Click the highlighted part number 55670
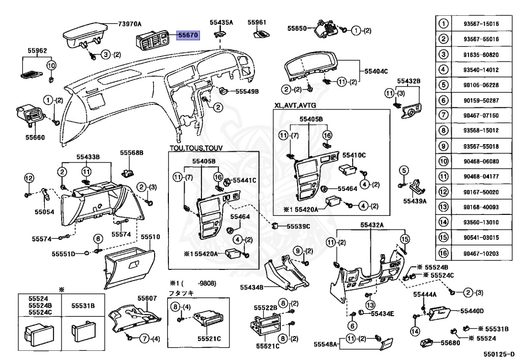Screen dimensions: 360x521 click(x=188, y=36)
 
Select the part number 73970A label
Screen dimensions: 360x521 click(x=130, y=24)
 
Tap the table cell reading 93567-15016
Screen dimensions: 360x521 click(x=481, y=24)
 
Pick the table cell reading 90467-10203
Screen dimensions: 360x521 click(x=481, y=253)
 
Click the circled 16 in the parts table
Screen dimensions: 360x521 click(x=444, y=253)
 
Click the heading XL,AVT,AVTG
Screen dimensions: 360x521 click(x=295, y=105)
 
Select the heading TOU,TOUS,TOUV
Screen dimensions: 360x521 click(x=196, y=148)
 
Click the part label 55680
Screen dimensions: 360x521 click(x=450, y=343)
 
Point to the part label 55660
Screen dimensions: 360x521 click(x=36, y=137)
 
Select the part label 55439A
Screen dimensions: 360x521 click(x=415, y=201)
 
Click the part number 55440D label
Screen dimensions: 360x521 click(x=472, y=311)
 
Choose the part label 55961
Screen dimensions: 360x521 click(x=257, y=22)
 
